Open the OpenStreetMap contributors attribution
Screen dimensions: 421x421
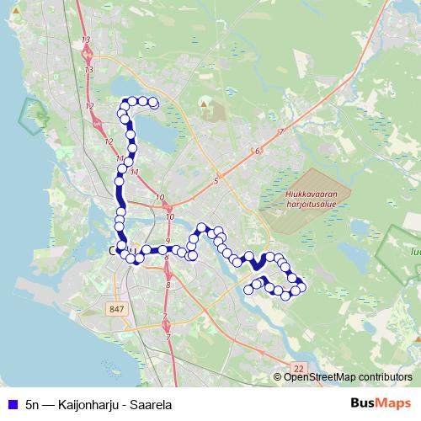coord(348,376)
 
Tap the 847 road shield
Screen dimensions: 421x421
coord(115,310)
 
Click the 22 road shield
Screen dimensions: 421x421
coord(298,368)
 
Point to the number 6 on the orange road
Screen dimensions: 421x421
coord(257,152)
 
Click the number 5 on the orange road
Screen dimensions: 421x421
coord(216,181)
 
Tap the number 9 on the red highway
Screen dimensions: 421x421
coord(168,242)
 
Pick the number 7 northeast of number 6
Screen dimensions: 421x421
coord(280,132)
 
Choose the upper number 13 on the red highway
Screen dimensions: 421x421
coord(86,40)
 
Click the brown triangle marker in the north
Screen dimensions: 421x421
coord(203,104)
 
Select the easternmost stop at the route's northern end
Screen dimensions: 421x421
coord(154,103)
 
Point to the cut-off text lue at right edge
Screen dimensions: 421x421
coord(414,250)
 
